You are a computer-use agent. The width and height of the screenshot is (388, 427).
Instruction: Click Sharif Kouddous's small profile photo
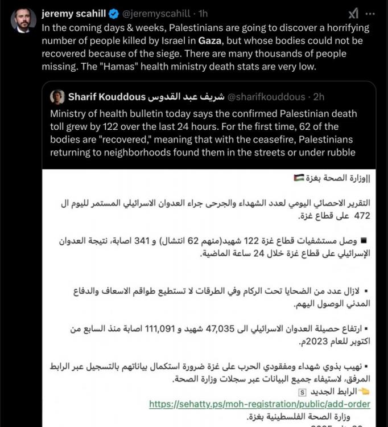(x=57, y=96)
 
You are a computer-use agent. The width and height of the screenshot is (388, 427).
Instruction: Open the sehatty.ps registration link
(x=259, y=404)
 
